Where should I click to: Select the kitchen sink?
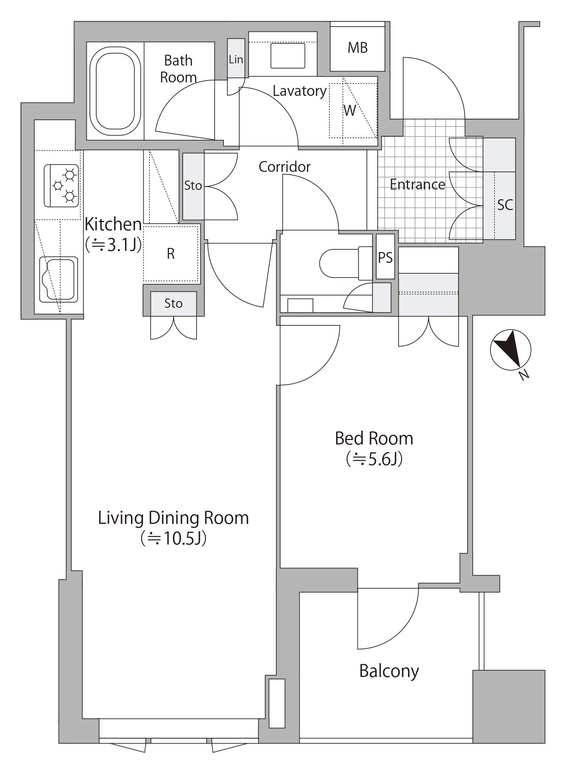(58, 279)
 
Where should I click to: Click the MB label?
(357, 48)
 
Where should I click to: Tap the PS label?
(385, 257)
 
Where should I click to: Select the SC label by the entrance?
(505, 205)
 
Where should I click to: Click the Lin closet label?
(236, 59)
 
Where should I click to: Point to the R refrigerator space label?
(171, 254)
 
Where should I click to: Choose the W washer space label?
(350, 110)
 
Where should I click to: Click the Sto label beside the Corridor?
(193, 185)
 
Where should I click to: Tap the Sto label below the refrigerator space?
(173, 303)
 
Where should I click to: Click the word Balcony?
(389, 671)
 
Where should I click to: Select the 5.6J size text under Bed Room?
(374, 459)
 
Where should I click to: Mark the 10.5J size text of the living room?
(174, 538)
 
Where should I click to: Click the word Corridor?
(284, 167)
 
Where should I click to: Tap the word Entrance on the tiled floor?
(417, 184)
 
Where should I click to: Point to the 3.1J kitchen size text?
(113, 245)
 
